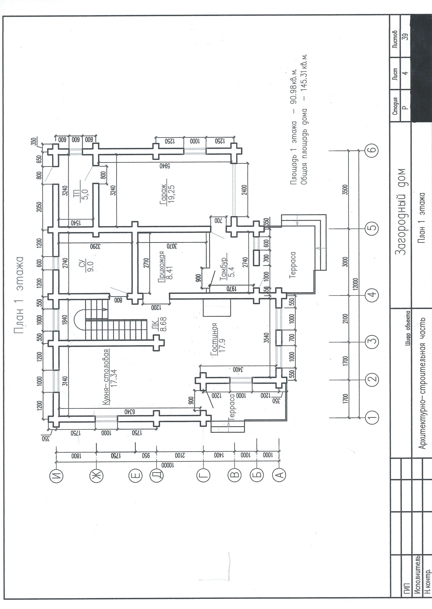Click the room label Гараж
point(163,195)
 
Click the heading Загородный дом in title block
point(402,211)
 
